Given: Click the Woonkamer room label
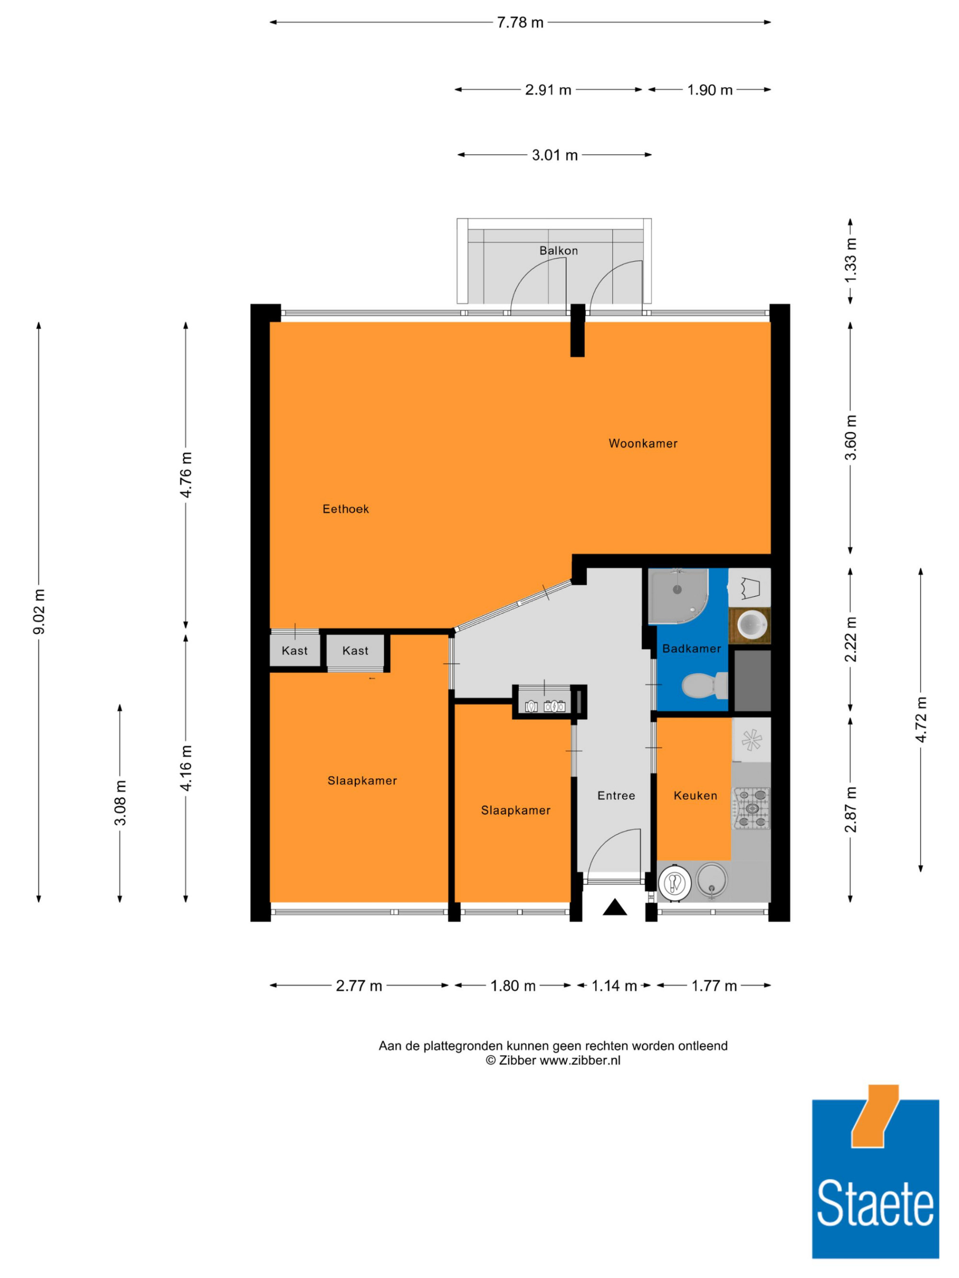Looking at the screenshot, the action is click(643, 444).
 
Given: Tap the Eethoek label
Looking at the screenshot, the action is click(346, 509).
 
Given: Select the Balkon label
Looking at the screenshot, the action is click(559, 251).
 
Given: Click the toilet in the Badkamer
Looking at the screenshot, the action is click(705, 685).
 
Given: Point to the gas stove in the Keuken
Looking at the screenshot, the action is click(751, 808).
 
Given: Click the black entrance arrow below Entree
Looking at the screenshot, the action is click(614, 907).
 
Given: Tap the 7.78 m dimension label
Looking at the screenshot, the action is click(520, 23).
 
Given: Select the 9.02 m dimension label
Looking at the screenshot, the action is click(39, 612).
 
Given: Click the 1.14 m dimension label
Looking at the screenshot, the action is click(614, 986).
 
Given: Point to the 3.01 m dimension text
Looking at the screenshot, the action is click(555, 155).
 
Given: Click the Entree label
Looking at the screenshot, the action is click(616, 795).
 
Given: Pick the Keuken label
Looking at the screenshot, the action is click(695, 795).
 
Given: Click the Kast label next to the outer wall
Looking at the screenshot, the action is click(295, 651).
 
